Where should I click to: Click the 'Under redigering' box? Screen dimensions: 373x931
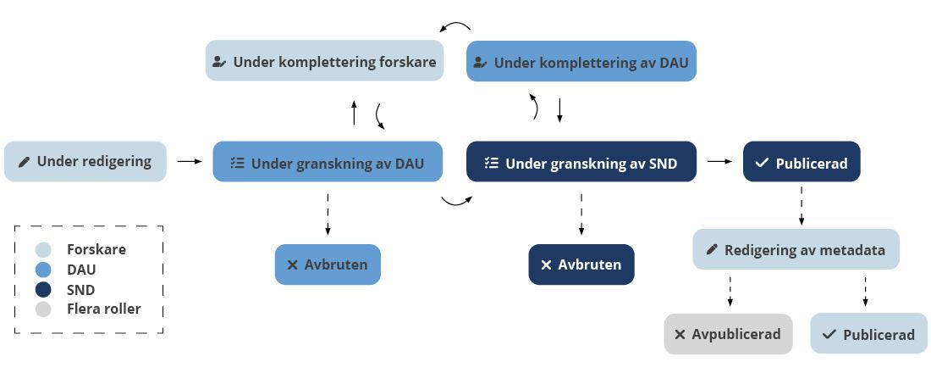click(85, 161)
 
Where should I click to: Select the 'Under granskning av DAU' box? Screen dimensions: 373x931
click(328, 162)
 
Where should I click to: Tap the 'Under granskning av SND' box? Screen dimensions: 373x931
click(581, 162)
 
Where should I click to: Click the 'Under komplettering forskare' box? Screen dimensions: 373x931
click(324, 61)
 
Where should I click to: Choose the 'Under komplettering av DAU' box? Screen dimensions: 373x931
click(581, 62)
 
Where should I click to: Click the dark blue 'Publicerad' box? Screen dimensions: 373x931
click(802, 162)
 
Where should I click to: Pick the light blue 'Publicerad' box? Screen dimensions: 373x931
click(868, 334)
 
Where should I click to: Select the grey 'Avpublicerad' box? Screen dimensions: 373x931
click(728, 334)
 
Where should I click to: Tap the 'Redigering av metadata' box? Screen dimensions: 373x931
click(796, 249)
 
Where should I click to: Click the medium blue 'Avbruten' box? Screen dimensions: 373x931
click(328, 264)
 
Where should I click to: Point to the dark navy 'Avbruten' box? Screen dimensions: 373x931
click(581, 264)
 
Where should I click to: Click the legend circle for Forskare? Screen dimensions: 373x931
click(43, 250)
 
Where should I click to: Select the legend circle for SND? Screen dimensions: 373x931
click(43, 290)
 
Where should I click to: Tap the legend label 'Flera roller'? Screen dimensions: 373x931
click(103, 309)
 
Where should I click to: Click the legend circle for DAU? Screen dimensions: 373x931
click(43, 270)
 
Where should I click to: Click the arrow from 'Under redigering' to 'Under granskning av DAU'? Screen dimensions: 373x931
click(190, 161)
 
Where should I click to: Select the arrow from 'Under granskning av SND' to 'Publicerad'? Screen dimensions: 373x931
click(719, 161)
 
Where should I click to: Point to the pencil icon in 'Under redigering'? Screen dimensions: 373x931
click(25, 161)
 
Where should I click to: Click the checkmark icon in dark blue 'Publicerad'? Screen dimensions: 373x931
click(762, 163)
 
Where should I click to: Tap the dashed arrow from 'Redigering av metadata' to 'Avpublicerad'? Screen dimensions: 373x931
click(730, 291)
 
